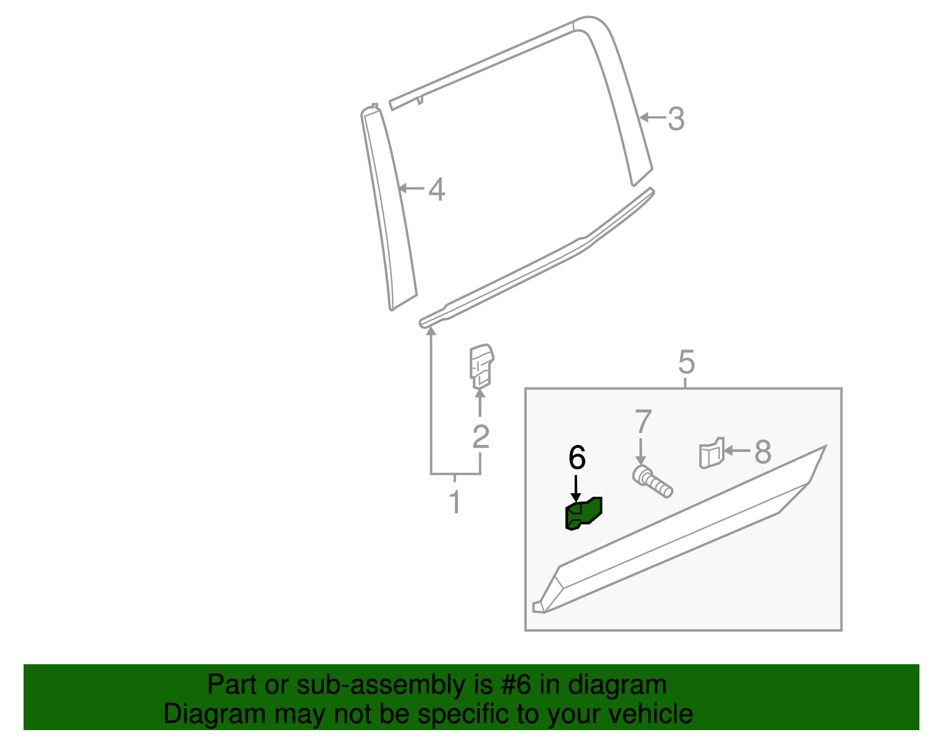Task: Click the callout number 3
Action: (676, 119)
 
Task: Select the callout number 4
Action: (437, 190)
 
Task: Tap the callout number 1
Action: (454, 501)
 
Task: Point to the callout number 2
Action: (481, 437)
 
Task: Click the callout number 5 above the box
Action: (686, 362)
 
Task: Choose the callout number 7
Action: (643, 422)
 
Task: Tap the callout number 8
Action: (763, 452)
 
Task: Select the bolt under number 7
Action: (652, 481)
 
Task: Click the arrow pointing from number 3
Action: (652, 118)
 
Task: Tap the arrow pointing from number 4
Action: (412, 189)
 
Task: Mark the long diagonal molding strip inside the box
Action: (678, 533)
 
